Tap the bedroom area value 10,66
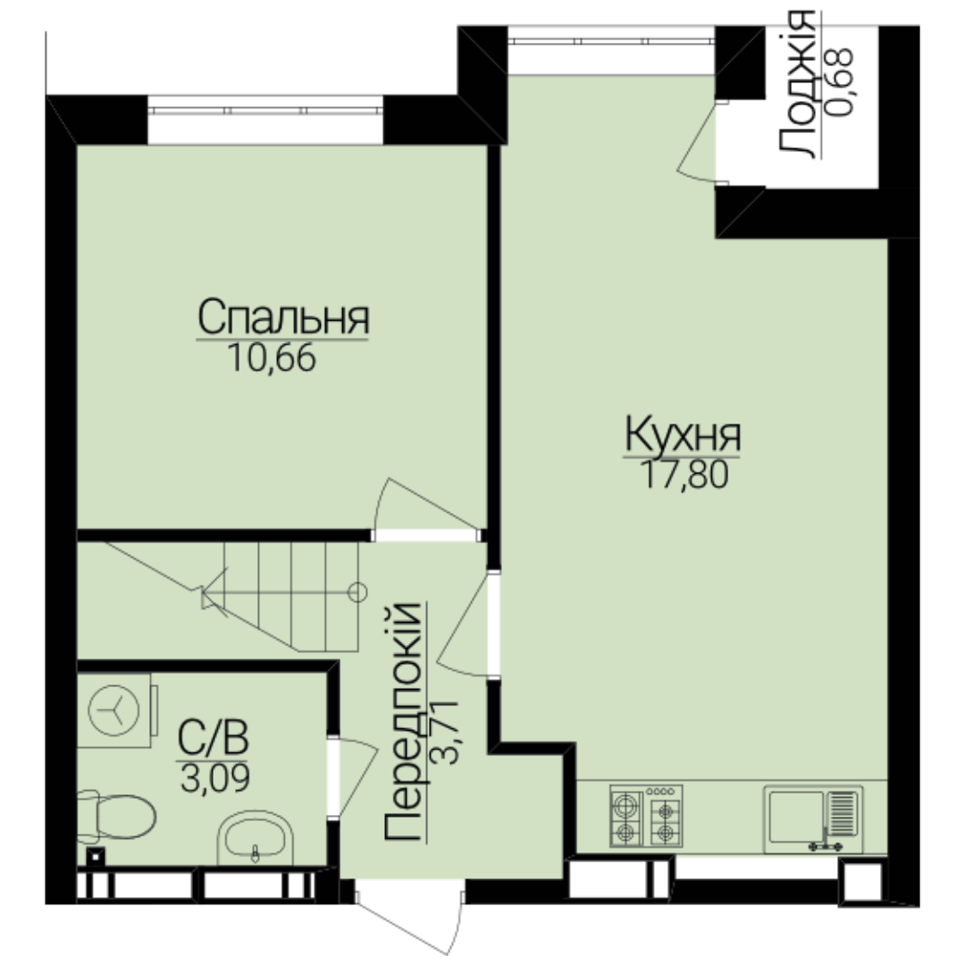coord(272,358)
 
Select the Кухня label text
coord(683,435)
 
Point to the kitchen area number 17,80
coord(684,474)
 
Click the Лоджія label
coord(797,84)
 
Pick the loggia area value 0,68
coord(839,82)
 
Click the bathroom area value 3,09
coord(215,777)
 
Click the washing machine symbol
coord(117,710)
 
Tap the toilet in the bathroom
coord(116,817)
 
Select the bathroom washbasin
coord(256,838)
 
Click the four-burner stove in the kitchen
coord(646,816)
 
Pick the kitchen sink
coord(813,819)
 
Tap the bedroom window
coord(265,112)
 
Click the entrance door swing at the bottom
coord(409,917)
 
